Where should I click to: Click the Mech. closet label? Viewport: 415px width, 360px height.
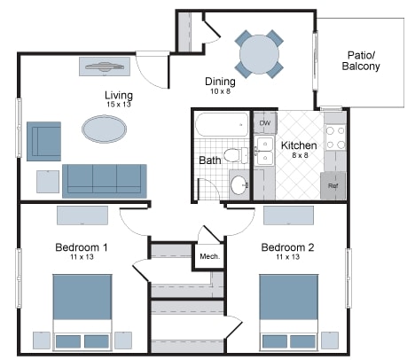209,257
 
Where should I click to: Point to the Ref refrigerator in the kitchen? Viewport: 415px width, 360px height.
333,185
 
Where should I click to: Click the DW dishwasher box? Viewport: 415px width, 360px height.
263,122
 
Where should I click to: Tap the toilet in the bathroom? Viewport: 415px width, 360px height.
235,156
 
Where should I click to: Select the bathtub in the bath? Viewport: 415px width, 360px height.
223,126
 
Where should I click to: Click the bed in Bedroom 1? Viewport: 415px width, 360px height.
82,311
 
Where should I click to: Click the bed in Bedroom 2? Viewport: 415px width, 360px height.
289,311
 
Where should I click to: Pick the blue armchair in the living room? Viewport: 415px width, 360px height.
43,140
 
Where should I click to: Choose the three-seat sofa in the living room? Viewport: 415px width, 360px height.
105,179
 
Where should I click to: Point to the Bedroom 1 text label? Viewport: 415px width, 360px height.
82,247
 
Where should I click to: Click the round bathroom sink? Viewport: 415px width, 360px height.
239,185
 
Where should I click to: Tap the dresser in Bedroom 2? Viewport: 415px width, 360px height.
288,215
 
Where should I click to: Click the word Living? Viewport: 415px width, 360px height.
119,95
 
